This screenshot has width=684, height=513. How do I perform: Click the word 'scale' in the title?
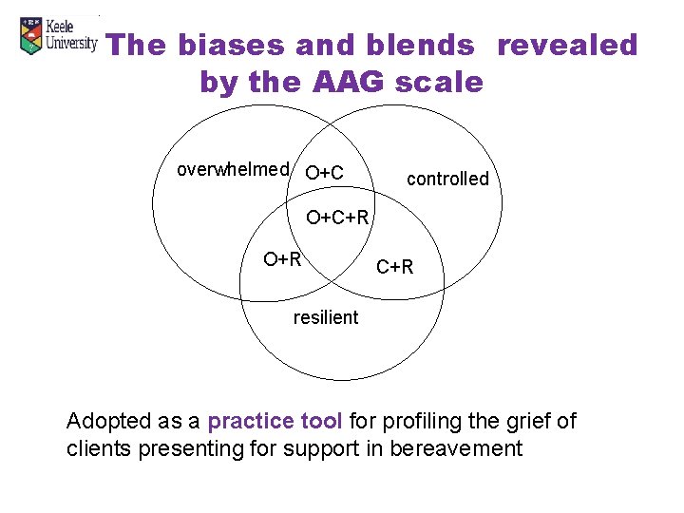click(440, 83)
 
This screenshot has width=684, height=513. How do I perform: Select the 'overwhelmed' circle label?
click(233, 170)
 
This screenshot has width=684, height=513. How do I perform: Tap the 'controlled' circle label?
click(447, 179)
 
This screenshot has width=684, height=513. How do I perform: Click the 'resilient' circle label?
click(326, 317)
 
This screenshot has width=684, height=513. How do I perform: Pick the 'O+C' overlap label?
click(324, 173)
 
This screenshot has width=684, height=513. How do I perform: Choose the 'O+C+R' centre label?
click(336, 219)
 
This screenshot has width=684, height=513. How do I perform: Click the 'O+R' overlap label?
click(282, 258)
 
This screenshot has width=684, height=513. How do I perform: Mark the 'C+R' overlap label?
click(395, 267)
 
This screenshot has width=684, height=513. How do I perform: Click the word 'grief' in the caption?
click(531, 421)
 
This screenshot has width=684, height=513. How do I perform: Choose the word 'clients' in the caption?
click(100, 448)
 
